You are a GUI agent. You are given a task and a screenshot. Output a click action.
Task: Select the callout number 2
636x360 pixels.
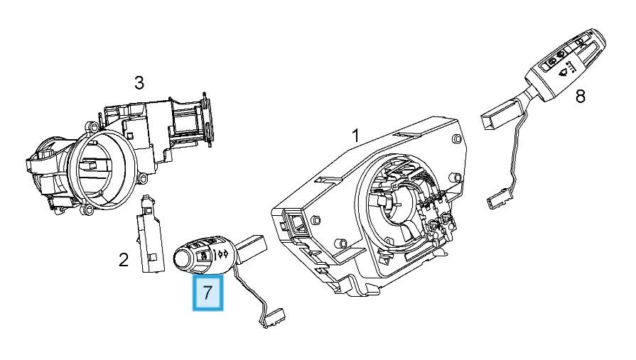click(x=124, y=261)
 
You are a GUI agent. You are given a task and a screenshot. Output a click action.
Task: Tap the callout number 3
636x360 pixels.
click(x=139, y=83)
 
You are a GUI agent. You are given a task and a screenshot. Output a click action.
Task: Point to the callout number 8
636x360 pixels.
click(x=581, y=96)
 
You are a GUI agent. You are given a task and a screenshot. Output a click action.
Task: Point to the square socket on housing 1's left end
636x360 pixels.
click(x=293, y=224)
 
